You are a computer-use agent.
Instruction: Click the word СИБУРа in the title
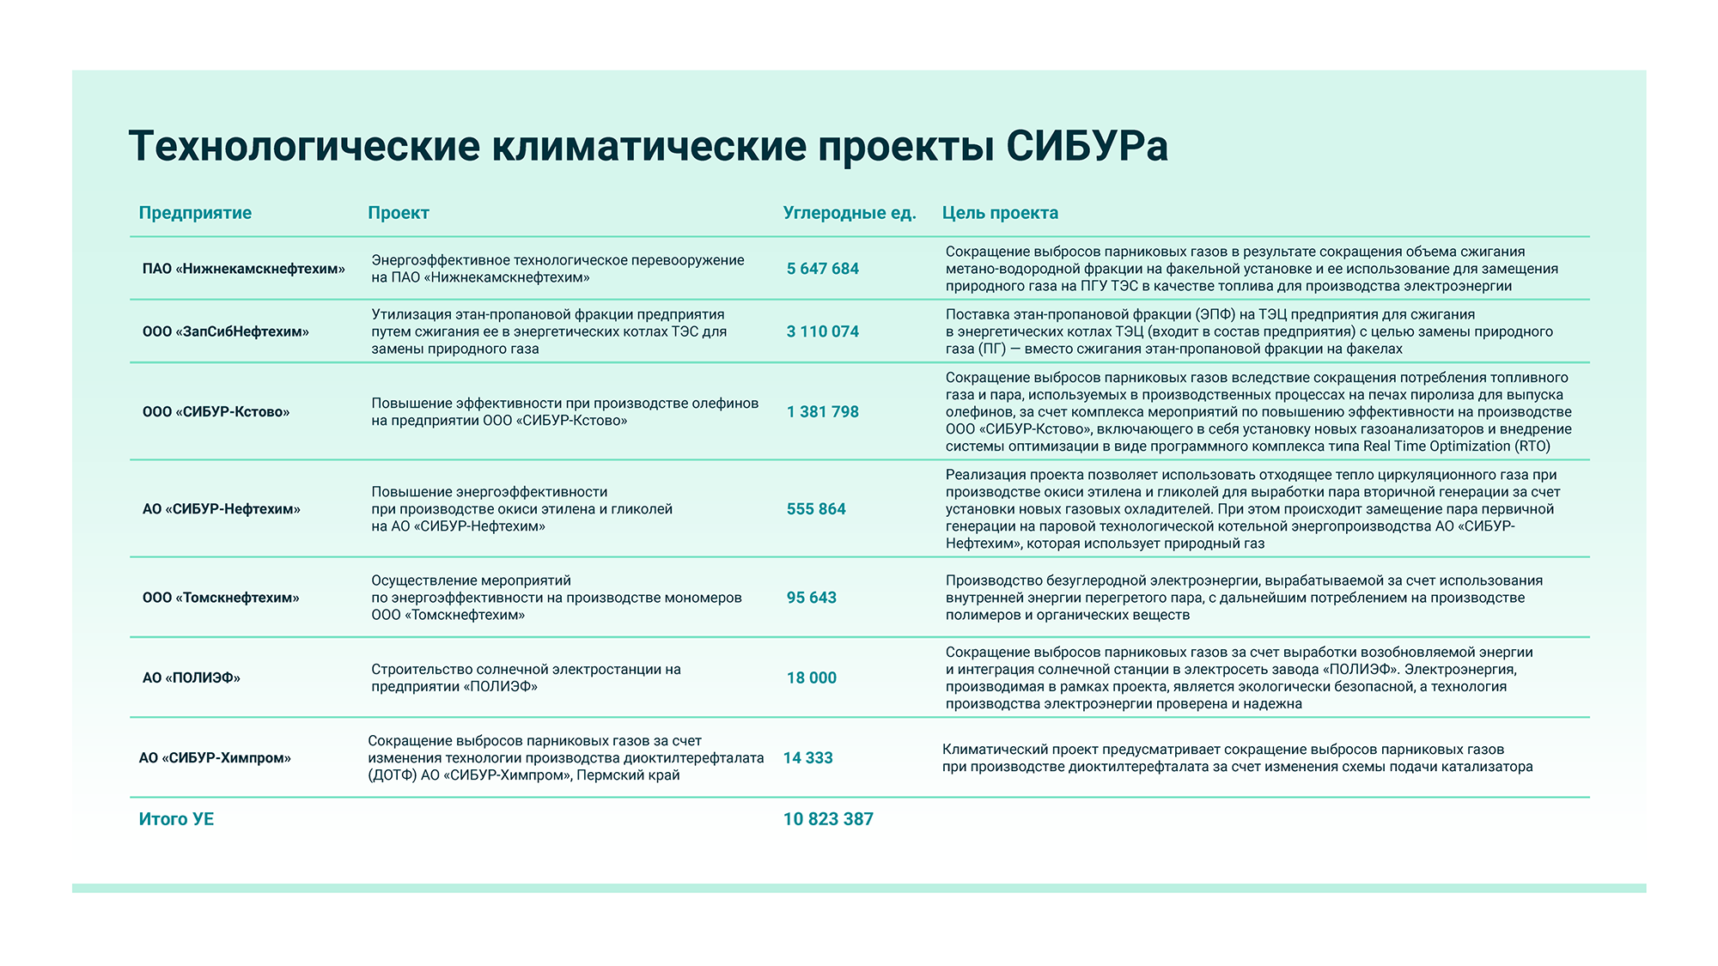coord(1087,146)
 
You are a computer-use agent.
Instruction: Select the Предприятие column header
coord(195,213)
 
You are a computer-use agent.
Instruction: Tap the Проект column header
coord(399,213)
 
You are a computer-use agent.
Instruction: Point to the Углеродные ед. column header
coord(850,213)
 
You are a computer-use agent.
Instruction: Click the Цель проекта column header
coord(1000,213)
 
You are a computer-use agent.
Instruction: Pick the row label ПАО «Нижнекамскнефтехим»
coord(244,269)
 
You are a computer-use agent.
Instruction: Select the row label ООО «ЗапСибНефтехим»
coord(226,331)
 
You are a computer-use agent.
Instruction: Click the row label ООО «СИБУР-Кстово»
coord(216,412)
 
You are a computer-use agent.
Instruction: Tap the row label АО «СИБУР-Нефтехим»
coord(222,509)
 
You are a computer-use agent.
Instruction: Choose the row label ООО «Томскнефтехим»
coord(221,598)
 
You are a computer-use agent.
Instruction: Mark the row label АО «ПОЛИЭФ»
coord(192,678)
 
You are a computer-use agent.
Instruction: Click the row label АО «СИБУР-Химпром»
coord(215,758)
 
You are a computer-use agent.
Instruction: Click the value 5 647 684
coord(823,269)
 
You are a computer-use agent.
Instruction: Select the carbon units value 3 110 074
coord(823,331)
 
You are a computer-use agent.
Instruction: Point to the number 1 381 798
coord(823,412)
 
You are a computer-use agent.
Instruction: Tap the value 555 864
coord(816,509)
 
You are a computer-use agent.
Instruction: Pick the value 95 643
coord(812,598)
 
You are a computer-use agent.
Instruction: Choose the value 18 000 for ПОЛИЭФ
coord(812,678)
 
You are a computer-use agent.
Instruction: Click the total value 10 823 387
coord(828,819)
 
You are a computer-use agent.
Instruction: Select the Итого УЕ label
coord(176,819)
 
